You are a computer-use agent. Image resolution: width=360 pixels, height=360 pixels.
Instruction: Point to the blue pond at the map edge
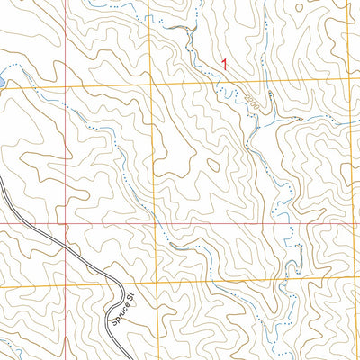pyautogui.click(x=3, y=83)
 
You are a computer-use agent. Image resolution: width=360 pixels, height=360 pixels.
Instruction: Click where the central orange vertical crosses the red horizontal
pyautogui.click(x=163, y=221)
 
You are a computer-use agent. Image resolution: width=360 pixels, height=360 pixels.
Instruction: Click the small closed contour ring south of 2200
pyautogui.click(x=213, y=164)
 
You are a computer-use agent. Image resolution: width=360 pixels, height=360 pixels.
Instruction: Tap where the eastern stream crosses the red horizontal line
pyautogui.click(x=291, y=221)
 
